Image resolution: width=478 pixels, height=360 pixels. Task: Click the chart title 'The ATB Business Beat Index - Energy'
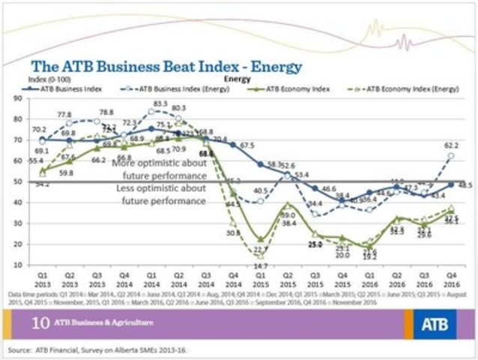[x=166, y=67]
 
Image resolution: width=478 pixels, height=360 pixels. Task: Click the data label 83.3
[x=160, y=103]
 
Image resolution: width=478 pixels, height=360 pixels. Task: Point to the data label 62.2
[x=453, y=145]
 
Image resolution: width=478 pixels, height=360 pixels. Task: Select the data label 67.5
[x=247, y=145]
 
